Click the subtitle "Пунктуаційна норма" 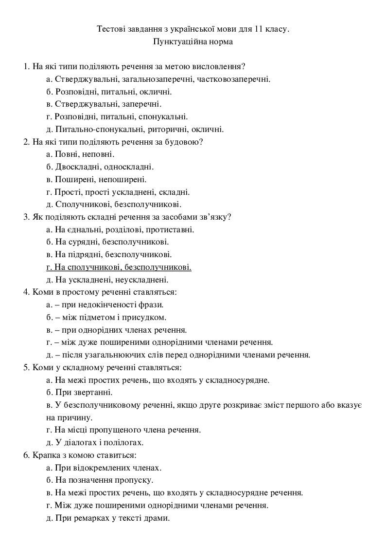pos(193,42)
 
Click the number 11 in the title pos(258,29)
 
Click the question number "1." pos(27,66)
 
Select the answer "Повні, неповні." pos(80,154)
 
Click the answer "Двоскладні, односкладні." pos(100,167)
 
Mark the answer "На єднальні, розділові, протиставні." pos(120,229)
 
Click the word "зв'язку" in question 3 pos(214,217)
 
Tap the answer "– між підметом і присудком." pos(106,318)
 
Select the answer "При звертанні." pos(79,392)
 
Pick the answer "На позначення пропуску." pos(98,480)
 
